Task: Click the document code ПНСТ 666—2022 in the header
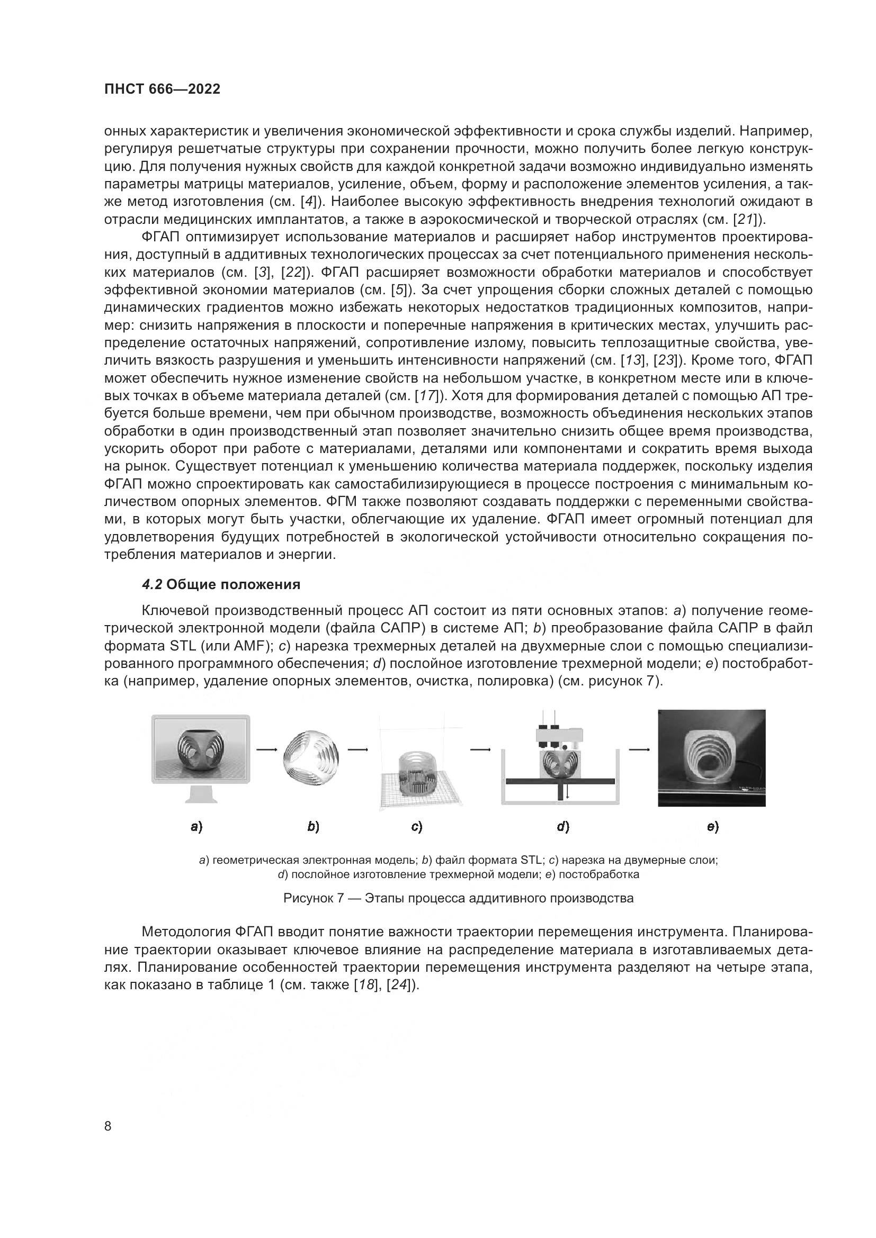(163, 89)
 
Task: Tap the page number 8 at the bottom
(108, 1126)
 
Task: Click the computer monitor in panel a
(201, 750)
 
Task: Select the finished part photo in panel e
(711, 757)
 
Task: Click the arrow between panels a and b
(266, 749)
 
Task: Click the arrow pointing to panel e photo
(639, 749)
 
